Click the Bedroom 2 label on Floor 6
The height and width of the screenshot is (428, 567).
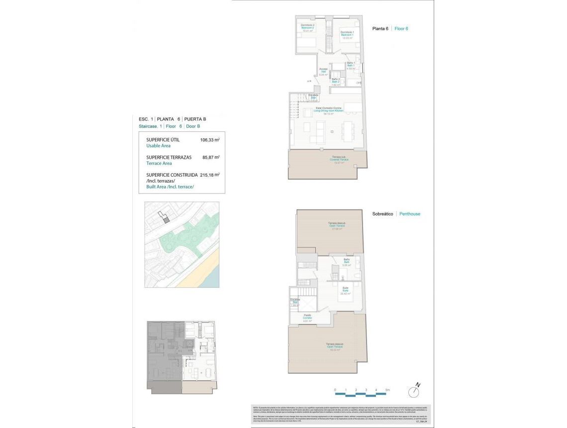[x=307, y=28]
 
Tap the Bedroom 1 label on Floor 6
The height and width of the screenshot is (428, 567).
[x=347, y=35]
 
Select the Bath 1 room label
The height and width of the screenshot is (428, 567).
[x=351, y=65]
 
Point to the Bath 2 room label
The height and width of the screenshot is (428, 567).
[x=336, y=82]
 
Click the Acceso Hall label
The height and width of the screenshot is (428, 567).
[x=323, y=71]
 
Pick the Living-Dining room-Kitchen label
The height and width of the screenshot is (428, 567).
[x=326, y=110]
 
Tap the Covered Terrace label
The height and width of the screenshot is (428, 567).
[x=340, y=159]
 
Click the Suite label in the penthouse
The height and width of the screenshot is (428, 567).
[x=345, y=290]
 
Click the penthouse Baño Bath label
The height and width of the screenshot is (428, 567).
[x=347, y=262]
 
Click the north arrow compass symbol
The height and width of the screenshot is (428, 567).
[x=414, y=391]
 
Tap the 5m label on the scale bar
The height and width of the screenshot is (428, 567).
[x=387, y=390]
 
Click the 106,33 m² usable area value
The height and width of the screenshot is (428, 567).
[x=209, y=140]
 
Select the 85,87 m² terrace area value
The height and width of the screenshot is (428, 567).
[x=209, y=157]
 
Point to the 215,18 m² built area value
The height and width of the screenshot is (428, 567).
[x=209, y=175]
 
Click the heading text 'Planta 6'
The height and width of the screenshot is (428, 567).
[x=380, y=29]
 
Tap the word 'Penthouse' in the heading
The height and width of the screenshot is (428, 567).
[x=410, y=214]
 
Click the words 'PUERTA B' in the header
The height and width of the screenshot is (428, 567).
[x=195, y=119]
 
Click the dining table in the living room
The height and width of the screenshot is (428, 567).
[x=347, y=131]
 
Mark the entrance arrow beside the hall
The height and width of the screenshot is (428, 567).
[x=309, y=80]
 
